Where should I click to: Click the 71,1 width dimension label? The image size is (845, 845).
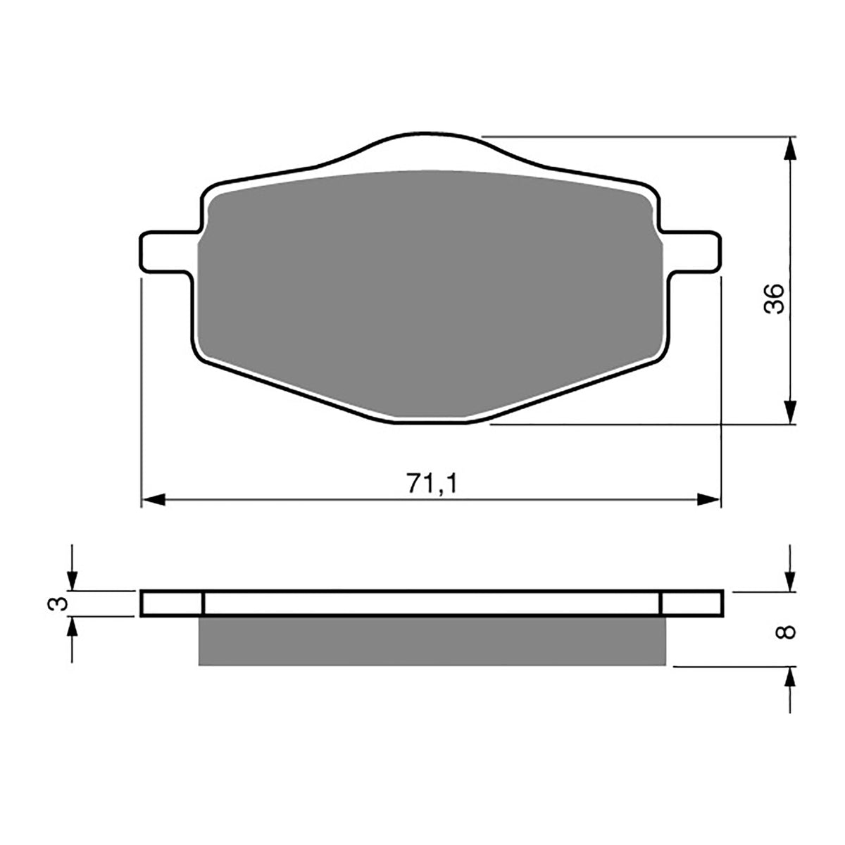[432, 483]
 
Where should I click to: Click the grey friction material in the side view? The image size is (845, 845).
[432, 641]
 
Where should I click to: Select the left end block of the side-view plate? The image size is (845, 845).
[173, 604]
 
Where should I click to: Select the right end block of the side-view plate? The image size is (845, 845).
[691, 604]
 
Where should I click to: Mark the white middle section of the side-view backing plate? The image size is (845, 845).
[432, 604]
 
